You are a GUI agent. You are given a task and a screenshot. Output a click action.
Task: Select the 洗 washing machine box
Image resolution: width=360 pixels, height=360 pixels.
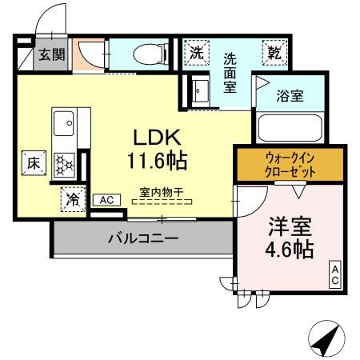(196, 53)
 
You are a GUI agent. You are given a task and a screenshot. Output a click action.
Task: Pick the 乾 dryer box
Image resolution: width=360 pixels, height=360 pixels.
(274, 53)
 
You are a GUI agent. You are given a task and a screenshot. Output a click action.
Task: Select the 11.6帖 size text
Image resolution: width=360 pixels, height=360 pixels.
(158, 161)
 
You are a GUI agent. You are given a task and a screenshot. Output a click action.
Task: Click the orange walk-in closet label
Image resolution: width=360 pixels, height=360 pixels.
(290, 165)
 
